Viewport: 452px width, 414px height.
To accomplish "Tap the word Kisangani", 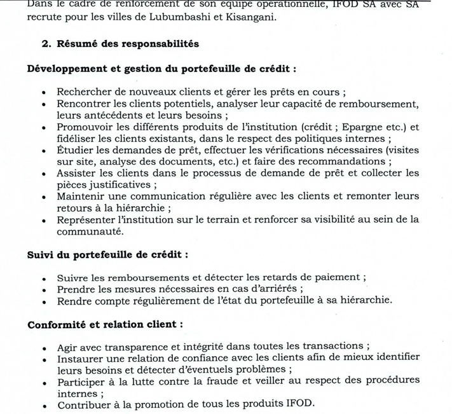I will [x=249, y=17].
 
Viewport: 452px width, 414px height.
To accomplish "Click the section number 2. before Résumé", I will [x=47, y=44].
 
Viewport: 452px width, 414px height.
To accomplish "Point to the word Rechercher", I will [x=85, y=92].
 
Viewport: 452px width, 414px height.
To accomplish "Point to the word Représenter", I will [x=88, y=219].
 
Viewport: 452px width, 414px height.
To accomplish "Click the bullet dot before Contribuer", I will [x=43, y=405].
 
